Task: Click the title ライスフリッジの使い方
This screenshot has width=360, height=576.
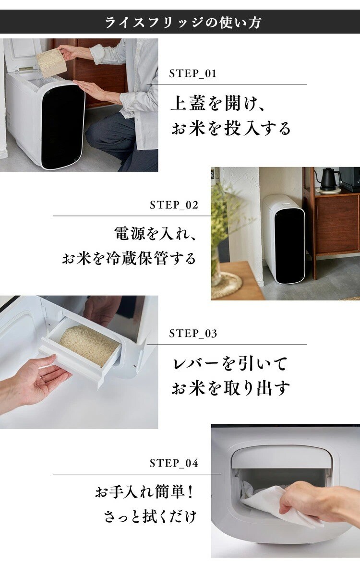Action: point(183,23)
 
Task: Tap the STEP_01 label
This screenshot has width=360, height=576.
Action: point(193,73)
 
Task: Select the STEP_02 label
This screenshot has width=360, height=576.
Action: point(174,205)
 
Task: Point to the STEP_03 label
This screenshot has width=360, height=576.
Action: point(193,334)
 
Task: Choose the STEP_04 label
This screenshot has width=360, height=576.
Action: point(174,463)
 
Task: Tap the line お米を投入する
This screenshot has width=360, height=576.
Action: point(231,128)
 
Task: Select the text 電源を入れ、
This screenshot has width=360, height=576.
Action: point(155,234)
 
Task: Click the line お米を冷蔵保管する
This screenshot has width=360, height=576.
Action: point(129,258)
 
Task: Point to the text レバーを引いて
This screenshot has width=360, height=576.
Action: point(229,364)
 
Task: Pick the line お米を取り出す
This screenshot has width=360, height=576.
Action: point(230,388)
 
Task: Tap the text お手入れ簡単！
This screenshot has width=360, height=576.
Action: point(144,492)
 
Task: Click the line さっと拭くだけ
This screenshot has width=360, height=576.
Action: point(150,516)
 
